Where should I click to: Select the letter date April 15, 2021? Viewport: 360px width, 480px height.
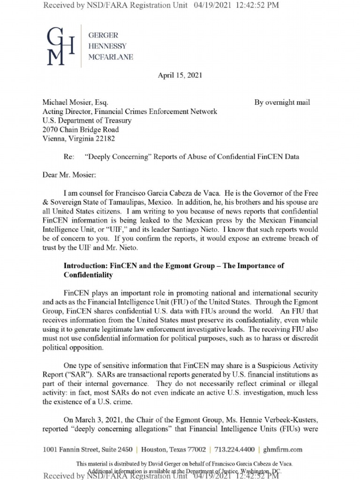[x=180, y=76]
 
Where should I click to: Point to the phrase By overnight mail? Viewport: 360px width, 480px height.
[x=282, y=103]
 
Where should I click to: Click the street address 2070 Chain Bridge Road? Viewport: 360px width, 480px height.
[x=81, y=129]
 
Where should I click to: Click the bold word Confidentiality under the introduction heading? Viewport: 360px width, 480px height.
[x=88, y=275]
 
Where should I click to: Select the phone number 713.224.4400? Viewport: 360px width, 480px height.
[x=232, y=450]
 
